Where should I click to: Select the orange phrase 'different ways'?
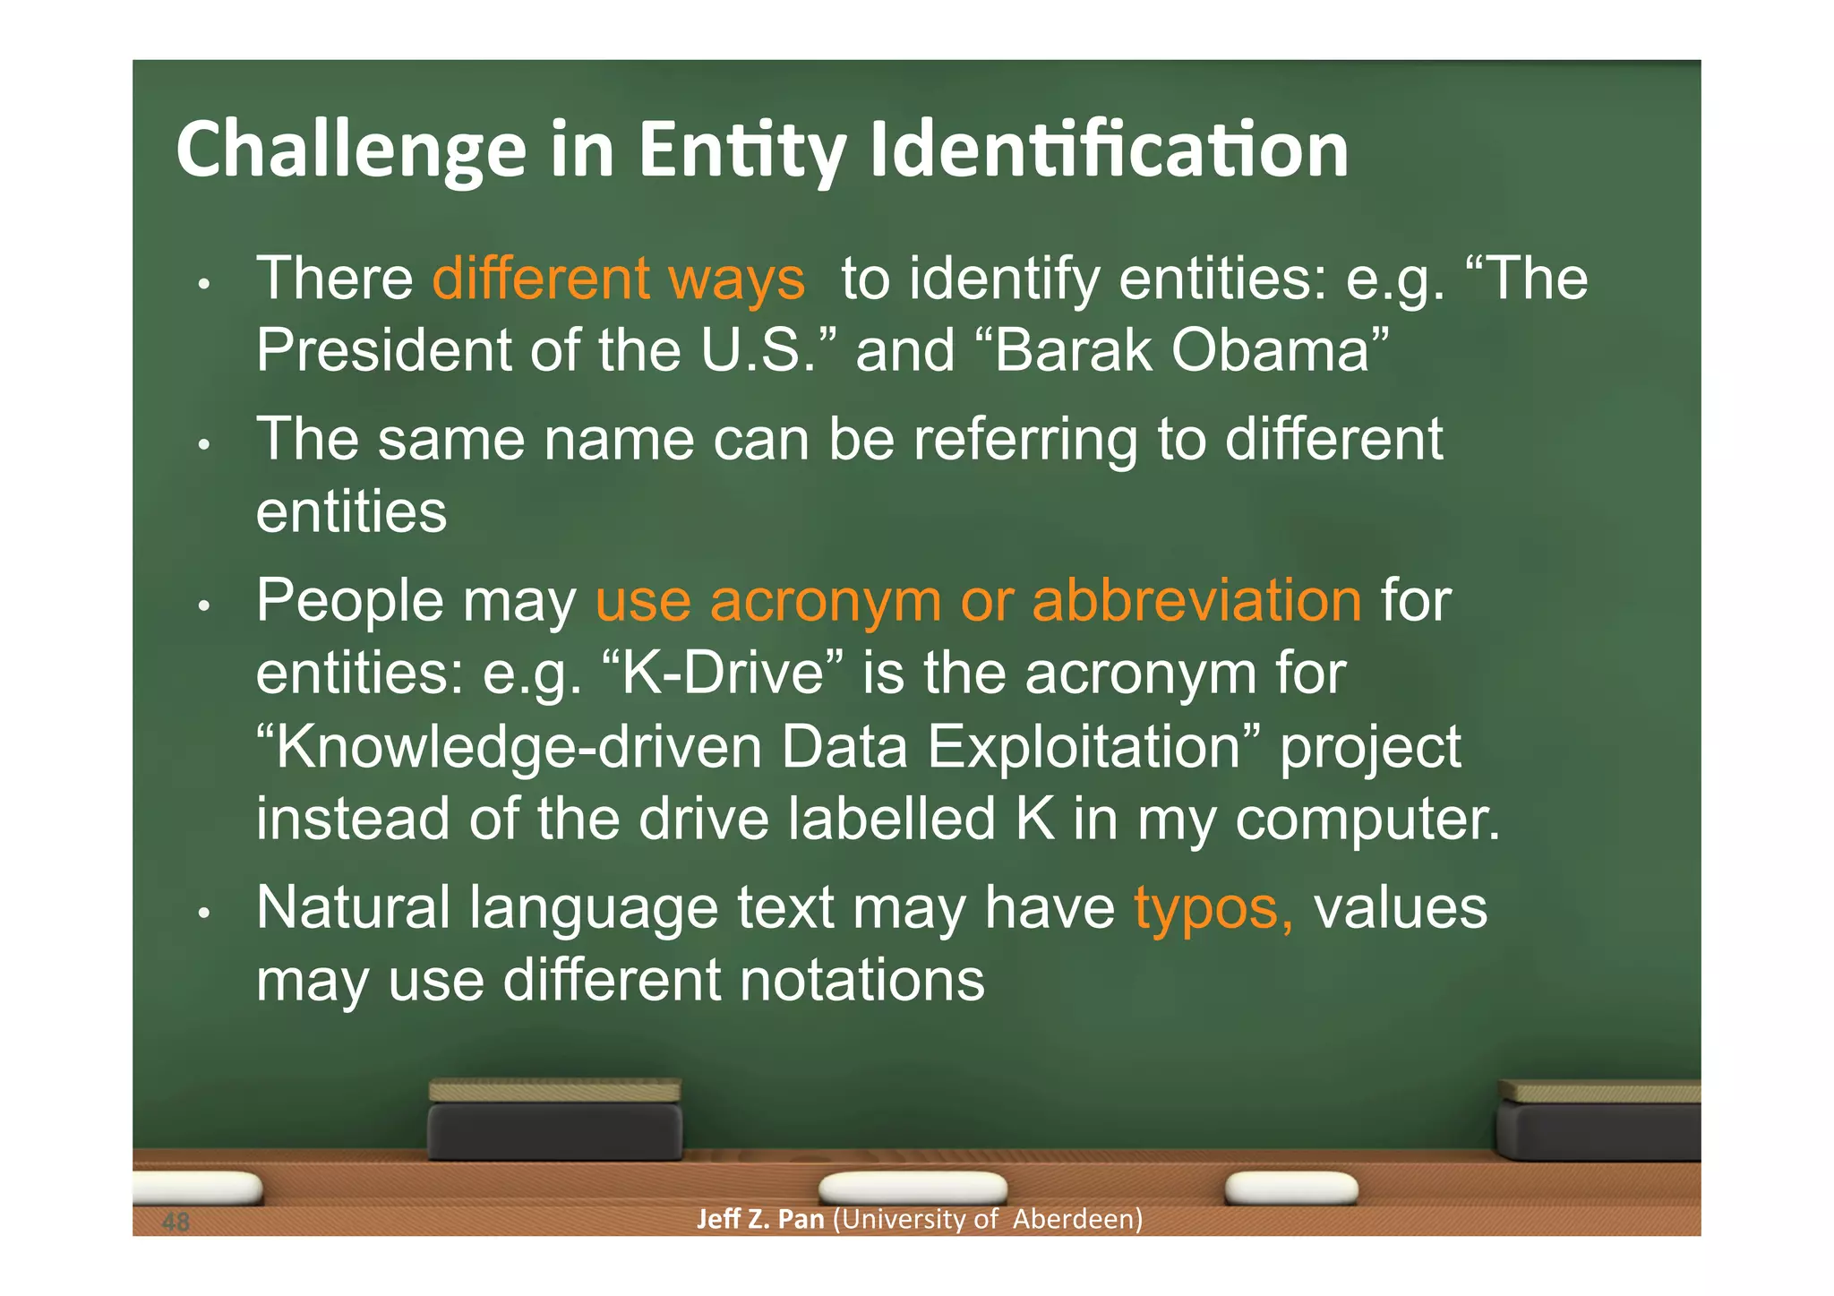619,279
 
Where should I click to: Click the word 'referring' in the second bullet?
1025,440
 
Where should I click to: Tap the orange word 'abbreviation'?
1196,600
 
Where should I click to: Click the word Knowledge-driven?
518,747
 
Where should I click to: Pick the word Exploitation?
1084,747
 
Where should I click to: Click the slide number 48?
176,1221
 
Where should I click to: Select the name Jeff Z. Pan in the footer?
760,1219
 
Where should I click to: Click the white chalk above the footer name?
913,1188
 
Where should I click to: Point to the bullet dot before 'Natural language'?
204,914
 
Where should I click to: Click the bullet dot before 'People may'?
204,606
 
